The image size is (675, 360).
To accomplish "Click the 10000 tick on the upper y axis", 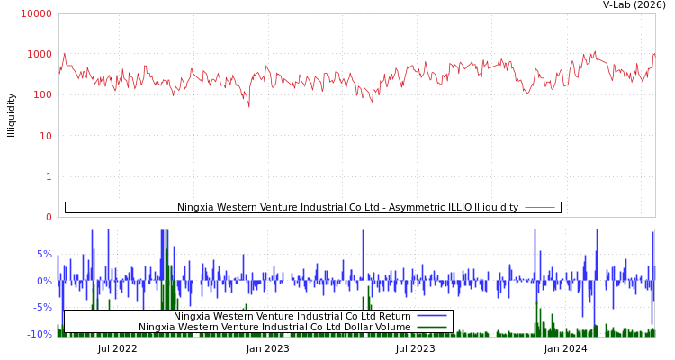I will click(37, 13).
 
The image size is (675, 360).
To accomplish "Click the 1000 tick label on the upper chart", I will click(40, 54).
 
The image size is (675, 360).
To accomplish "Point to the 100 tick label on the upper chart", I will click(42, 94).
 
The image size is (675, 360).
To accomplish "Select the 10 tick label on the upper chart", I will click(45, 136).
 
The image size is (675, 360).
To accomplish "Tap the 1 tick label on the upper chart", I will click(49, 176).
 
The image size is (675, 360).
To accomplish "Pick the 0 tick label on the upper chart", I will click(49, 217).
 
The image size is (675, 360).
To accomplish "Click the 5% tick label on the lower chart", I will click(44, 254).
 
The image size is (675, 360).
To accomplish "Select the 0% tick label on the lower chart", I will click(44, 281).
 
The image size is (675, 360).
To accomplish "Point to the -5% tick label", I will click(42, 308).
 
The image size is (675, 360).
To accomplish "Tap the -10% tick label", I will click(40, 335).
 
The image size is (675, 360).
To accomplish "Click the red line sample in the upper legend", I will click(539, 208).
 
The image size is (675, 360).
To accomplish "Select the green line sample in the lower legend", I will click(432, 328).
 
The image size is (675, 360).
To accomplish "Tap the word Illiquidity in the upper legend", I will click(494, 208).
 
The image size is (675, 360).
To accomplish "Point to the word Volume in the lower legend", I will click(392, 328).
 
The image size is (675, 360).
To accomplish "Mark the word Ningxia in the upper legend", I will click(195, 208).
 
